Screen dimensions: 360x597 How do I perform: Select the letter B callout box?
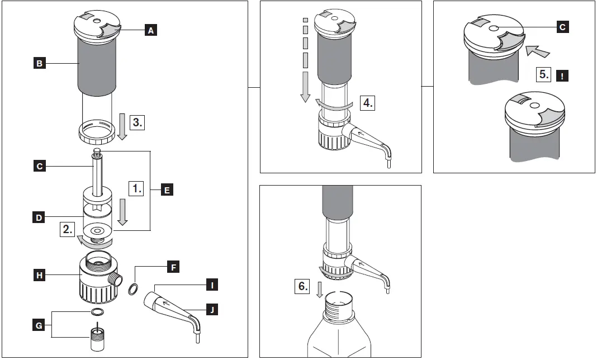pos(39,64)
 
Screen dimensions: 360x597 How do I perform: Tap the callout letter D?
pos(39,217)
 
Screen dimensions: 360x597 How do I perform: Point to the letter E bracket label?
pos(167,190)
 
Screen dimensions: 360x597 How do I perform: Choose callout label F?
pos(173,267)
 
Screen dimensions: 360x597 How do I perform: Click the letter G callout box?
pos(39,324)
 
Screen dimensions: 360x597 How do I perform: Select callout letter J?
pos(211,309)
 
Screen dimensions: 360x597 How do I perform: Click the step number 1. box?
pos(136,188)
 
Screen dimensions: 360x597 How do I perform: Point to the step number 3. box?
pos(136,121)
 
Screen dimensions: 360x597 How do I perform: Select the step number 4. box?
pos(367,102)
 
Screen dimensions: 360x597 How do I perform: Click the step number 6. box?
pos(302,287)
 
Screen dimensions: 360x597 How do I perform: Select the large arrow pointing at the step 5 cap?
pos(537,51)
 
